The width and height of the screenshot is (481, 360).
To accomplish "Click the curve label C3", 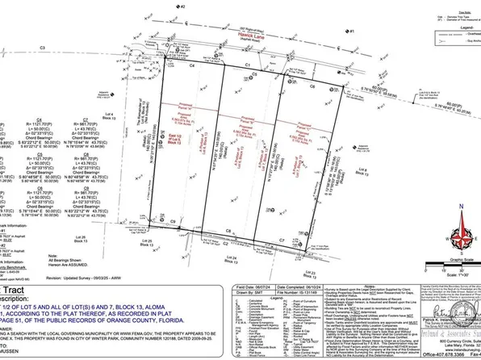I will point(40,48).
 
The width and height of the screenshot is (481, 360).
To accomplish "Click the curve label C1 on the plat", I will point(249,62).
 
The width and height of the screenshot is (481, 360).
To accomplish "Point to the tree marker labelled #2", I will point(182,6).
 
